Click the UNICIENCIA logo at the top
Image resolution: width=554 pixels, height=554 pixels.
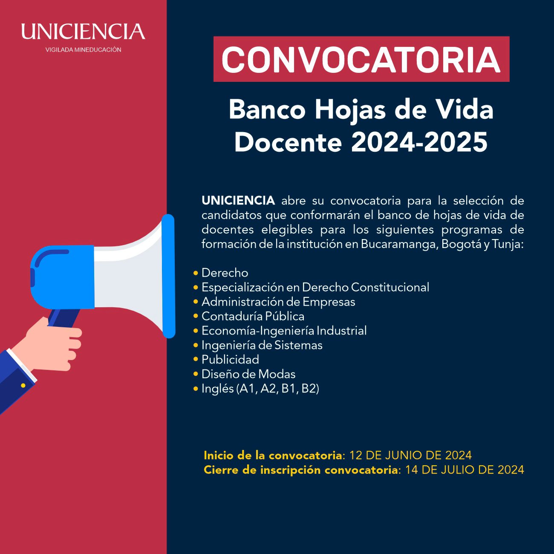pos(83,32)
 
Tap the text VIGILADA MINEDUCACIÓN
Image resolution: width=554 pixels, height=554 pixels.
pos(84,50)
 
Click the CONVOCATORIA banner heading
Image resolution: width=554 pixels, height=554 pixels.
pos(361,59)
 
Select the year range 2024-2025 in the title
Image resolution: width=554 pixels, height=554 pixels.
pos(419,142)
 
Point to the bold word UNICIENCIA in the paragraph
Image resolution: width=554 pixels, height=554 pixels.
pos(238,201)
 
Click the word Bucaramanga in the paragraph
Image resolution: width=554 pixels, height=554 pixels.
pos(400,244)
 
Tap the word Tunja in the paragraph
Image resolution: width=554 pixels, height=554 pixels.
pos(508,244)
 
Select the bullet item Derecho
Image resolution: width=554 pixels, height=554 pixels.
pos(225,273)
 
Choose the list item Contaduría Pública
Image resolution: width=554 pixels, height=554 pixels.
pos(253,316)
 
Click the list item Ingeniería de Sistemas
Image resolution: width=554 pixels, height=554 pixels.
pos(262,345)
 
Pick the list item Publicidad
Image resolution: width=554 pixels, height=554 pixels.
pos(230,360)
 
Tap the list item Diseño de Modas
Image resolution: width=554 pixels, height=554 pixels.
pos(248,374)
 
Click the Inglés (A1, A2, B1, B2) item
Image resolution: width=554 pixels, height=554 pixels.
pos(260,389)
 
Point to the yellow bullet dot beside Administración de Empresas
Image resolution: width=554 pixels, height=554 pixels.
pos(196,302)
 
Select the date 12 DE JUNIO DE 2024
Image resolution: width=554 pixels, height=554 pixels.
pos(410,455)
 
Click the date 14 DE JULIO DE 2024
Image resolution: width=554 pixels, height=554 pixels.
pos(465,470)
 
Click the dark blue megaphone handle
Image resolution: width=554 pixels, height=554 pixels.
pos(64,318)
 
